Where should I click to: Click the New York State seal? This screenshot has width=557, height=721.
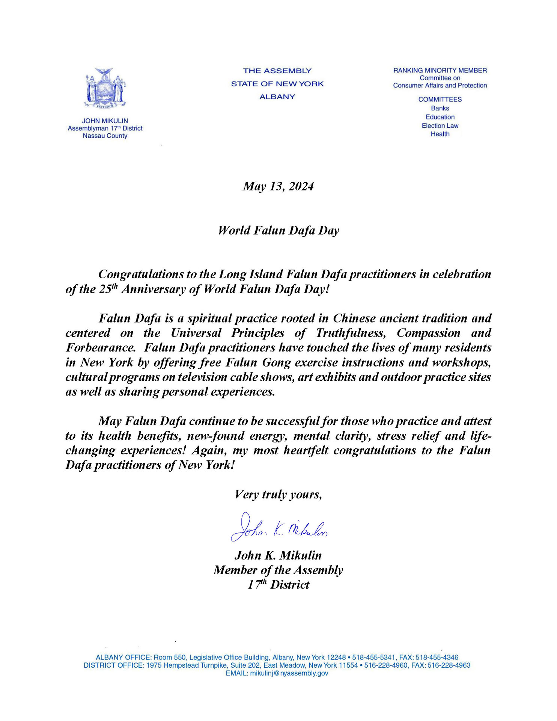point(105,89)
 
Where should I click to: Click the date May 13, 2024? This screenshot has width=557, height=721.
point(278,186)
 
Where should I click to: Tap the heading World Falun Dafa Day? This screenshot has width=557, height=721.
point(278,230)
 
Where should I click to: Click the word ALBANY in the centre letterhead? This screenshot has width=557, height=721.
point(277,97)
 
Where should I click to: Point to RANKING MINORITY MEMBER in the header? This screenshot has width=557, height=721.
point(440,70)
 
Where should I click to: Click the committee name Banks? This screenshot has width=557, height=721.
point(440,108)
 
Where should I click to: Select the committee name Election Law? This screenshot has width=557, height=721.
point(440,126)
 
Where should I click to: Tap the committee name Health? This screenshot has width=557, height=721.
point(440,134)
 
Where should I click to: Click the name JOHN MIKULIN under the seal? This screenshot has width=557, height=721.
point(105,121)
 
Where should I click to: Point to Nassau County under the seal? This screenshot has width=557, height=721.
point(105,136)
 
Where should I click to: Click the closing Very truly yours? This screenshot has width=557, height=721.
point(278,495)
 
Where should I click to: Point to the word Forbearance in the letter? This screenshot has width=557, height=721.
point(100,348)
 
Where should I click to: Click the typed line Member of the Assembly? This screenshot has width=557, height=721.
point(278,570)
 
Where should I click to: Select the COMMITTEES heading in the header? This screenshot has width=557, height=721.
point(440,100)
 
